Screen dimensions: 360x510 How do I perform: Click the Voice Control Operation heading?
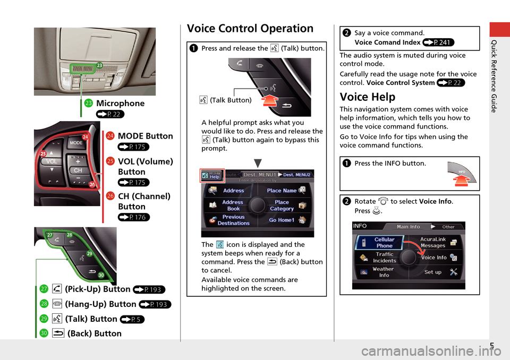(250, 29)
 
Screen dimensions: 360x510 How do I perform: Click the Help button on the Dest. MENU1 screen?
(213, 175)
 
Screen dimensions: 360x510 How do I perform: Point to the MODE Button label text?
(144, 136)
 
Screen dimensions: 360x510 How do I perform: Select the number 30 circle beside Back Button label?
(45, 333)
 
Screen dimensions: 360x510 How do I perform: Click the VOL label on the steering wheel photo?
(51, 161)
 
